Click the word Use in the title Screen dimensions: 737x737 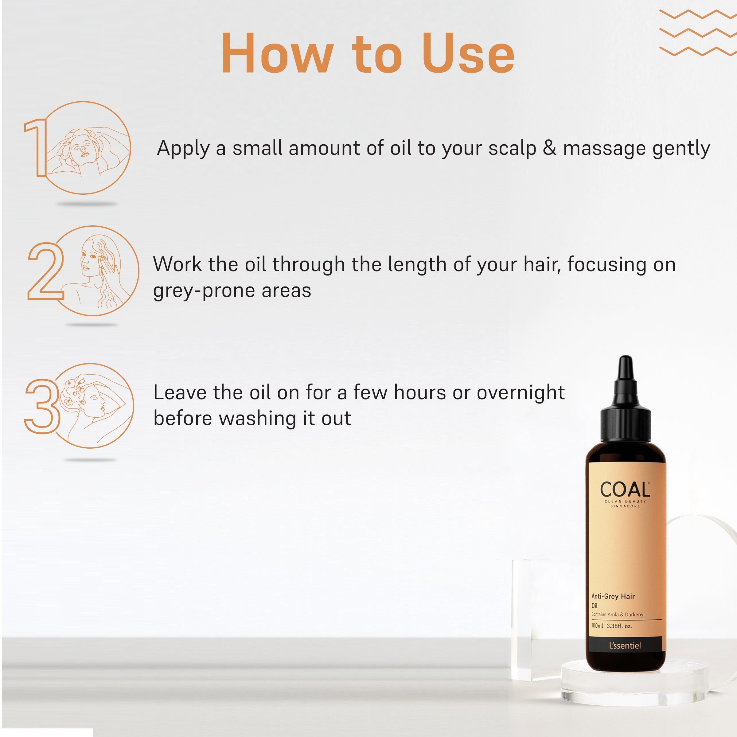(468, 53)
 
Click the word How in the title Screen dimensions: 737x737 (278, 53)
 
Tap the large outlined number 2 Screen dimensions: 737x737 (45, 271)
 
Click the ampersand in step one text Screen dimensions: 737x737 (549, 148)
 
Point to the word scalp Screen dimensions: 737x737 (512, 149)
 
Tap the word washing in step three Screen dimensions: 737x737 (258, 419)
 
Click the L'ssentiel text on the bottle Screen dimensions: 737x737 (625, 646)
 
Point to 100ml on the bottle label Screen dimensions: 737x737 (597, 626)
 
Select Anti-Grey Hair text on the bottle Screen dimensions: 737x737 (613, 597)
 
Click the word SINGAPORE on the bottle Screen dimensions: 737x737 (625, 506)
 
